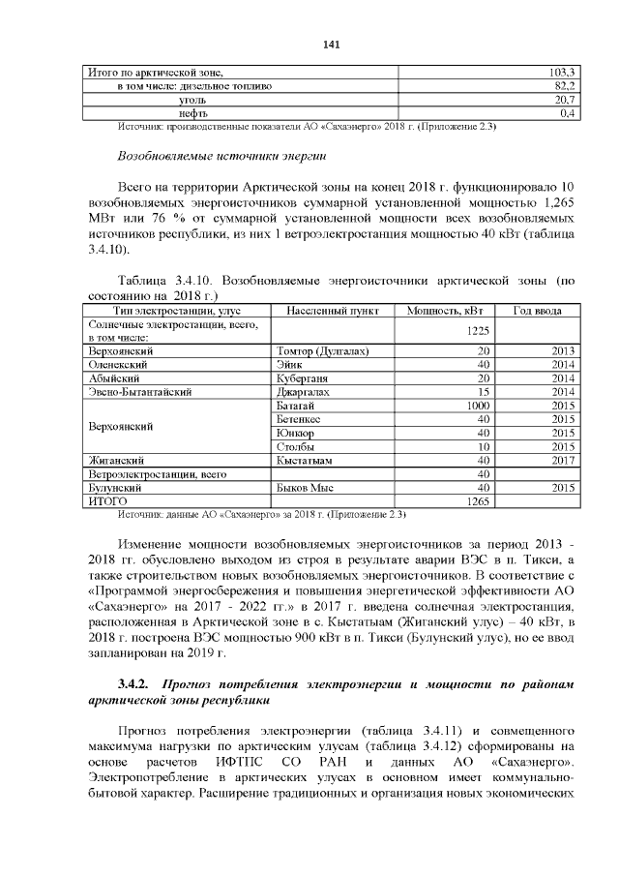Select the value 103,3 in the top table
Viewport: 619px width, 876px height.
click(x=562, y=73)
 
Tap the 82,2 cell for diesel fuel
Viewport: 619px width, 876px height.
click(x=564, y=86)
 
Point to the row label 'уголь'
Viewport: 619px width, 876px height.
click(x=193, y=100)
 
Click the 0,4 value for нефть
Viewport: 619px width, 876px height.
click(x=568, y=113)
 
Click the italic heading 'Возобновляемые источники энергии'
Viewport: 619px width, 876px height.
click(x=221, y=154)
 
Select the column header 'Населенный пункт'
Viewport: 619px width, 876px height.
click(x=327, y=310)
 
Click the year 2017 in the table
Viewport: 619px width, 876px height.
click(x=563, y=460)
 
